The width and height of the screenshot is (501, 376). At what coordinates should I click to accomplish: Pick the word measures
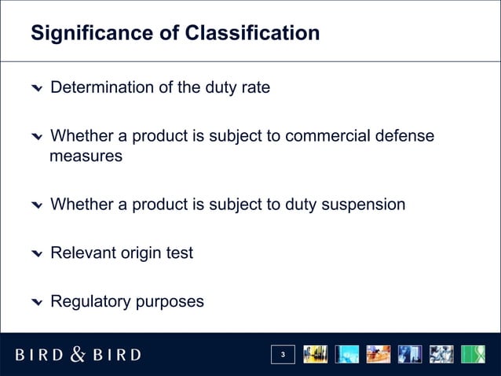86,157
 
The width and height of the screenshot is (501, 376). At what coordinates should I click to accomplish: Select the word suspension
358,205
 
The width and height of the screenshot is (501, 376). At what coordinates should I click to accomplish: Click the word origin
141,254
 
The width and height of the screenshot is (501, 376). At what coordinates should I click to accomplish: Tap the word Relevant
82,254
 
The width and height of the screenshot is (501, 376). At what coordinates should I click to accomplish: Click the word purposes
168,302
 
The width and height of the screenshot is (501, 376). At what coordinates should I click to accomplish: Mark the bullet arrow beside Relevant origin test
37,255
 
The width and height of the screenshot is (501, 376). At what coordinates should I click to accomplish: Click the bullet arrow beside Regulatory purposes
37,303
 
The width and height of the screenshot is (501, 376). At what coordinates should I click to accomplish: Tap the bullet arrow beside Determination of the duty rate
37,88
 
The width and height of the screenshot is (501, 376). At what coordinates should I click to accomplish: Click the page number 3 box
283,356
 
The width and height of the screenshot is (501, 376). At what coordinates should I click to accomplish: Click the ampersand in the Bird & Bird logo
79,354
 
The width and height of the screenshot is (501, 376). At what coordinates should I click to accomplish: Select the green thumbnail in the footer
473,355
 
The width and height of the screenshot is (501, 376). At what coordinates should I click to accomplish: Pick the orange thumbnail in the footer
378,355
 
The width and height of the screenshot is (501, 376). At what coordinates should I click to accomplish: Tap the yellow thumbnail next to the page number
316,355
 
